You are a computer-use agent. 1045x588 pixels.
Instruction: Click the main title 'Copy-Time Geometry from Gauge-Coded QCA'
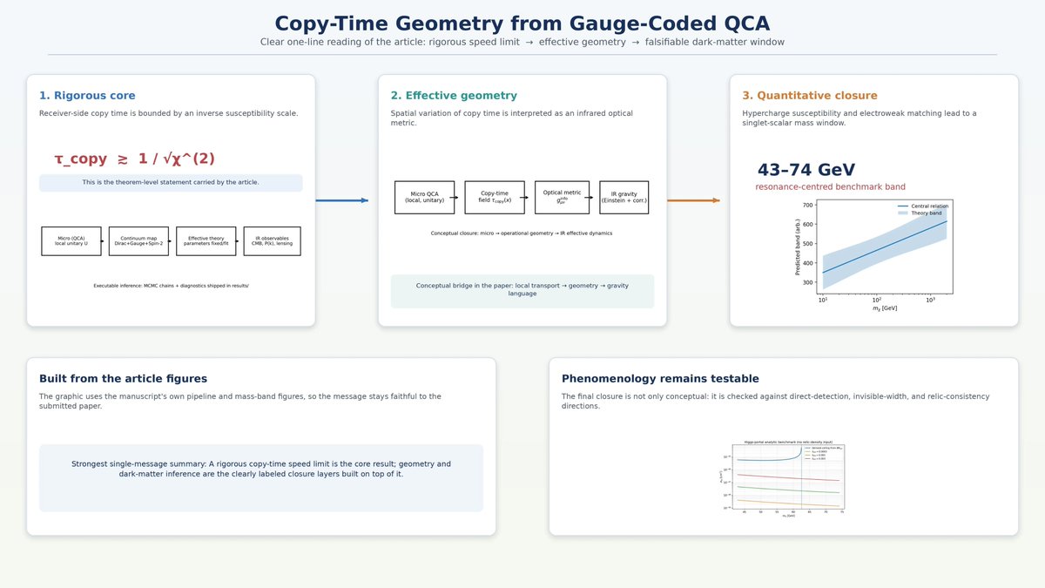522,24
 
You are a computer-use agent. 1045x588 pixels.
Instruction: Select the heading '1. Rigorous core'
87,96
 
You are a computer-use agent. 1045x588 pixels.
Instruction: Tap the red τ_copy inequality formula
134,159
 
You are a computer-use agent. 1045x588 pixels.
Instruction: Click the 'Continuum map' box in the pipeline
138,240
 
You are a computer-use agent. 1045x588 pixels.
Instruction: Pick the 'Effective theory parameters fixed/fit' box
206,240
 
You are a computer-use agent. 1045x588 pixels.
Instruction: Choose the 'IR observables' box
272,240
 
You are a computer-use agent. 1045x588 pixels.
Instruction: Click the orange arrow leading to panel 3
693,200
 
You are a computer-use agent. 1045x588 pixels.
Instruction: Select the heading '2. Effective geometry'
454,96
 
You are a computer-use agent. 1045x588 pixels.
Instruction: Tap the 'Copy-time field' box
495,198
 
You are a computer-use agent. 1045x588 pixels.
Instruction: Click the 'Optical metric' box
562,198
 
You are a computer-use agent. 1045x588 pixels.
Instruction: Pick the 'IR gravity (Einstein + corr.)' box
624,198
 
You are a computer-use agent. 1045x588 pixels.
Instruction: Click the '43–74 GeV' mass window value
806,170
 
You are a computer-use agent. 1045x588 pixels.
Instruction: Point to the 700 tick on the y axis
807,206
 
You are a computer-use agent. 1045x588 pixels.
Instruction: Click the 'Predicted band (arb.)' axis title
798,247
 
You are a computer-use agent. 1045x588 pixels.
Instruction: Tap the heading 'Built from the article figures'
123,379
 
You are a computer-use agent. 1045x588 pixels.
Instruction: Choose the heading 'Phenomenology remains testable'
660,379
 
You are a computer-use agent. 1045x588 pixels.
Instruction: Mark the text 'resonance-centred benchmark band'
830,187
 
